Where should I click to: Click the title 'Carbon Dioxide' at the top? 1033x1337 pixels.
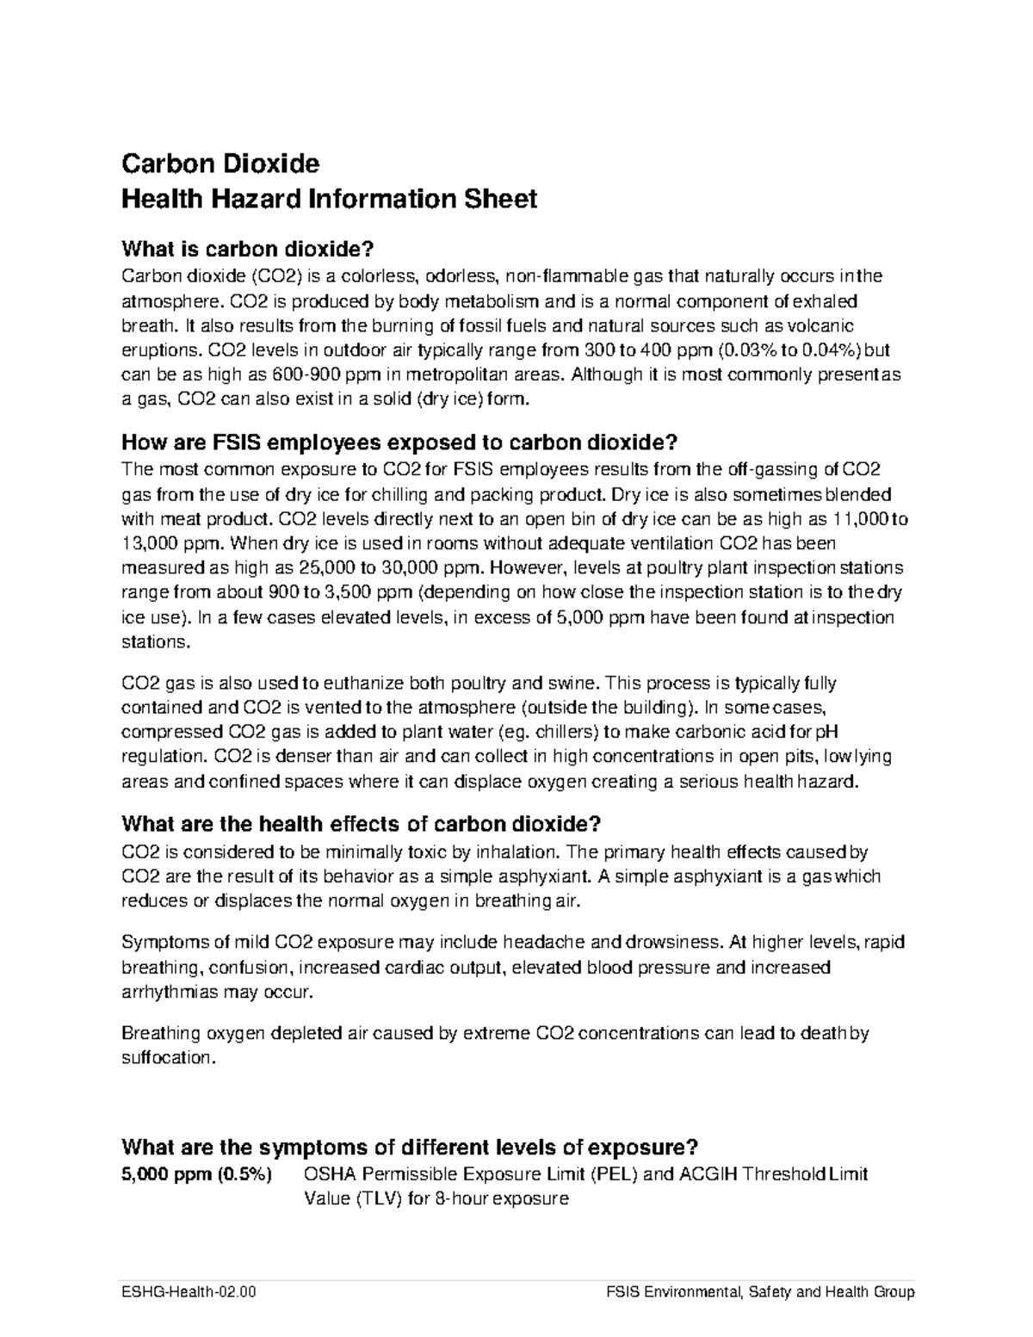pyautogui.click(x=220, y=163)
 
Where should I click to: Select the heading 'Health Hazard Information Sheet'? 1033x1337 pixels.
pyautogui.click(x=329, y=199)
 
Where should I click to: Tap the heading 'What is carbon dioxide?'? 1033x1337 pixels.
pyautogui.click(x=249, y=250)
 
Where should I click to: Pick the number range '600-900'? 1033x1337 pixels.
pyautogui.click(x=305, y=375)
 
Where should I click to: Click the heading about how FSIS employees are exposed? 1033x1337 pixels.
pyautogui.click(x=400, y=443)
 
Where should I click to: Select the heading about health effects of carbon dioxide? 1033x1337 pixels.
pyautogui.click(x=361, y=824)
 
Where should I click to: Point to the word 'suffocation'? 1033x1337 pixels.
pyautogui.click(x=166, y=1058)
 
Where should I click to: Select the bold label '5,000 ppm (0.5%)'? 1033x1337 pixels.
pyautogui.click(x=196, y=1174)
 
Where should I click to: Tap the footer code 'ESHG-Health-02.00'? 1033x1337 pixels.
pyautogui.click(x=189, y=1292)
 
